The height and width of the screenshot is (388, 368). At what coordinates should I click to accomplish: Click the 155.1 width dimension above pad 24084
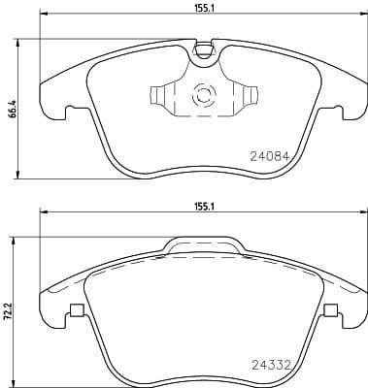pyautogui.click(x=203, y=7)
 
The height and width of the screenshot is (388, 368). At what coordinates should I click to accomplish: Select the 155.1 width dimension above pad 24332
pyautogui.click(x=203, y=206)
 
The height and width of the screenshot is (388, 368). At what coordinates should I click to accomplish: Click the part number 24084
pyautogui.click(x=271, y=152)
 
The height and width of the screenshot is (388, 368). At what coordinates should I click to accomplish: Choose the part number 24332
pyautogui.click(x=271, y=366)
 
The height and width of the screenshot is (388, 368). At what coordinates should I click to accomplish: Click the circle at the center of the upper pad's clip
pyautogui.click(x=205, y=95)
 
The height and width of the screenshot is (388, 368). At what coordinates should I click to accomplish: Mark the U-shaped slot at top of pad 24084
pyautogui.click(x=203, y=48)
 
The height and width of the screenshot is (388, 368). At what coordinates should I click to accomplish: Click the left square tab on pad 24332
pyautogui.click(x=75, y=311)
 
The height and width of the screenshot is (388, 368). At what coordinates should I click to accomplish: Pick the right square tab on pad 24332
pyautogui.click(x=331, y=311)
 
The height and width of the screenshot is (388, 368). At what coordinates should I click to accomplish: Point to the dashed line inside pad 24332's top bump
pyautogui.click(x=203, y=253)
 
